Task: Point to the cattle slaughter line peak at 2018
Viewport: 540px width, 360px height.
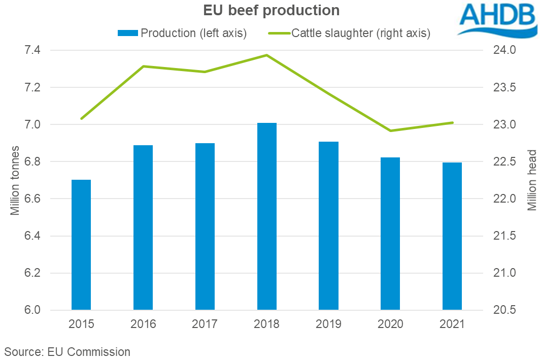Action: tap(266, 55)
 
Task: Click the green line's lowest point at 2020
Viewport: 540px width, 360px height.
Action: tap(390, 130)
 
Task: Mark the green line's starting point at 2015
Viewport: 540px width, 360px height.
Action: tap(81, 119)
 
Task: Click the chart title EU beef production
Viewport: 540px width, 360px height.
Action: tap(272, 11)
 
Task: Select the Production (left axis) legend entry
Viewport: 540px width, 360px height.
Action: tap(182, 34)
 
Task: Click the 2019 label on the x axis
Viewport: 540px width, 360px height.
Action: tap(328, 324)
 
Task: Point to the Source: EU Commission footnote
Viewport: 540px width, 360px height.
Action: tap(68, 351)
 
